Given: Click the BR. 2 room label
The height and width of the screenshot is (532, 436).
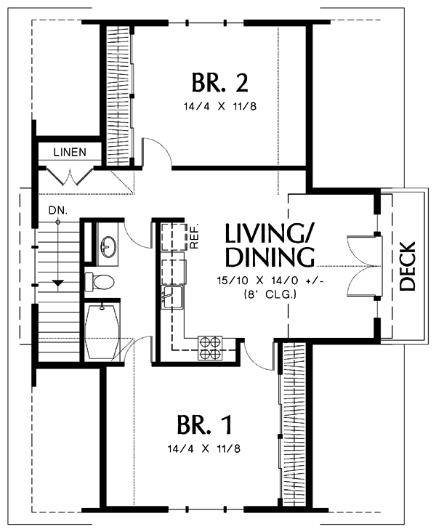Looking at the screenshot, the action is point(220,82).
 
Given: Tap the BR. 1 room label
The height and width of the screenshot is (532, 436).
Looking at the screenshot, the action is point(205,424).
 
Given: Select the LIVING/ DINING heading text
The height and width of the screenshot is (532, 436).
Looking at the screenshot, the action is point(270,245).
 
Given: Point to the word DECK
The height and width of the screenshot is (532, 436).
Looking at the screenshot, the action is point(407,266).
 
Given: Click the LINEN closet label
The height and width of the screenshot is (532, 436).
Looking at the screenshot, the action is point(70,153).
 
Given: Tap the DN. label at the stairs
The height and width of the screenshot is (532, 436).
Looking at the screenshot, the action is point(58,211).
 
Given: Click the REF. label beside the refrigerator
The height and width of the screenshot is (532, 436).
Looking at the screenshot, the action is point(195,235).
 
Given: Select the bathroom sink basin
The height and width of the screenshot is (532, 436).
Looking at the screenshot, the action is point(109,246).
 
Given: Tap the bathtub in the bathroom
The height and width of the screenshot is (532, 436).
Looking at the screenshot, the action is point(102,332).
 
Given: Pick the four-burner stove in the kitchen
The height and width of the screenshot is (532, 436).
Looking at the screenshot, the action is point(211,348).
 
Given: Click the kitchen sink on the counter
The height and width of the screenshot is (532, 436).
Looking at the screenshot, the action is point(171,297).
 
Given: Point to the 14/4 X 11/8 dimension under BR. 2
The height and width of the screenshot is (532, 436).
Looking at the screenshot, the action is point(220,107).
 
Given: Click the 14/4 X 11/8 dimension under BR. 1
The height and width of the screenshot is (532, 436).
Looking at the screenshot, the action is point(204,449).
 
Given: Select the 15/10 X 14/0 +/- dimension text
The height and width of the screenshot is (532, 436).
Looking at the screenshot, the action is point(268,281).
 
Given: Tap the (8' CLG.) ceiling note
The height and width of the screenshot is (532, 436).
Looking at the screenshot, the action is point(270,294).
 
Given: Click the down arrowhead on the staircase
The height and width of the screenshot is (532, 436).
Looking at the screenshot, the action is point(58,282).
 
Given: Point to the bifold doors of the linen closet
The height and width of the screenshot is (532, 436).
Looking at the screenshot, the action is point(70,176).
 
